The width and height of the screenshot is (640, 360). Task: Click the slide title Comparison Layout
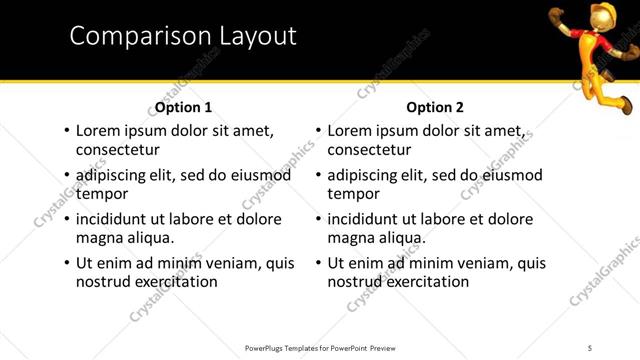pos(183,36)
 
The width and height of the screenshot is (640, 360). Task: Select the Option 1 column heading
pos(182,107)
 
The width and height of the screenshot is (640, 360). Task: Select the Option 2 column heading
pos(436,107)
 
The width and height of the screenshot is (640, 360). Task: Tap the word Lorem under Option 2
pos(350,131)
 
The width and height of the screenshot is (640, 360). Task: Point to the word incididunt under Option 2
pos(367,219)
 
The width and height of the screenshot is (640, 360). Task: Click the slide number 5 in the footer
pos(590,347)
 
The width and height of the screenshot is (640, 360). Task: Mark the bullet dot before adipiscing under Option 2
pos(318,176)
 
